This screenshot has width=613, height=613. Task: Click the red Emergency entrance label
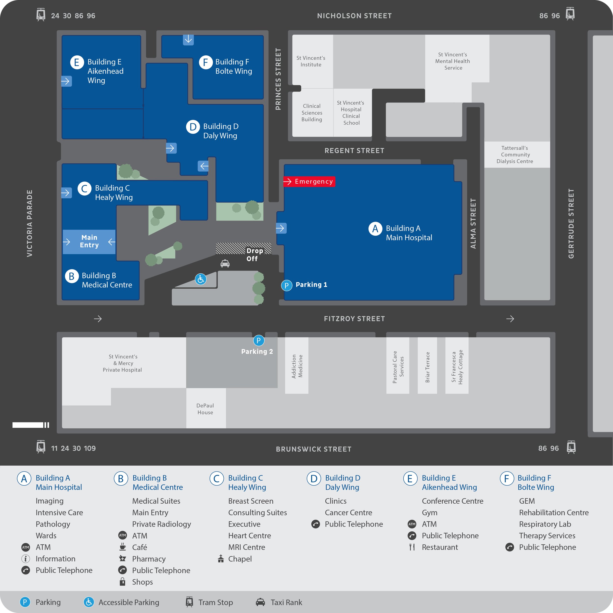309,181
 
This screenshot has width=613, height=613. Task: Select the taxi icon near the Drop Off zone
225,263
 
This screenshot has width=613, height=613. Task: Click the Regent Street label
354,151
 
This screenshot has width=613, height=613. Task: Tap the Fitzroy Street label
354,319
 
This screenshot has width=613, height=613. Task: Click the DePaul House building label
205,409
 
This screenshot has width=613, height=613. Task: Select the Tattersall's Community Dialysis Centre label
515,154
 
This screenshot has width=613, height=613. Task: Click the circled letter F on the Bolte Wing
206,62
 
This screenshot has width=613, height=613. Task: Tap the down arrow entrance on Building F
188,39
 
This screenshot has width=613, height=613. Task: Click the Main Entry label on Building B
89,242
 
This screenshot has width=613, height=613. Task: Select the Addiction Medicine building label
297,366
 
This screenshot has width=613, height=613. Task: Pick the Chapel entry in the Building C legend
240,559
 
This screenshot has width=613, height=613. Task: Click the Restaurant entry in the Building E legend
440,547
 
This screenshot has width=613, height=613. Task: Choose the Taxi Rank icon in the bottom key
260,602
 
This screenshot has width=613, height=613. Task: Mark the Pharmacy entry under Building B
149,559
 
